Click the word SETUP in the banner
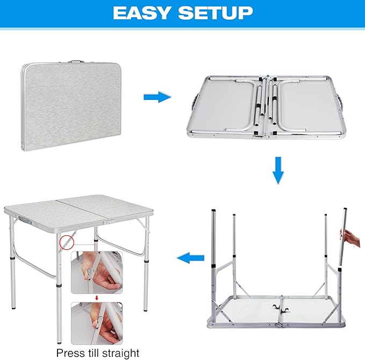(x=215, y=13)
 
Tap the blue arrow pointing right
(x=157, y=97)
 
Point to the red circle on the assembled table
(x=66, y=242)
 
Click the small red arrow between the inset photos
(x=97, y=297)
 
